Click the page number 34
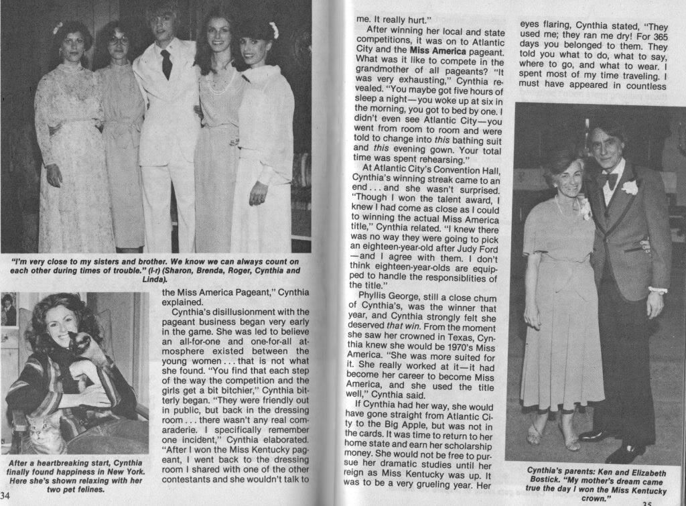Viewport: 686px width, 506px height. [7, 495]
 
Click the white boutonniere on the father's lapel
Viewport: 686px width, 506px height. [629, 187]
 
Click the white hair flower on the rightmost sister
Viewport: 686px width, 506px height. [273, 30]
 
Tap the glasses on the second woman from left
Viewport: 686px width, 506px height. [119, 40]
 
